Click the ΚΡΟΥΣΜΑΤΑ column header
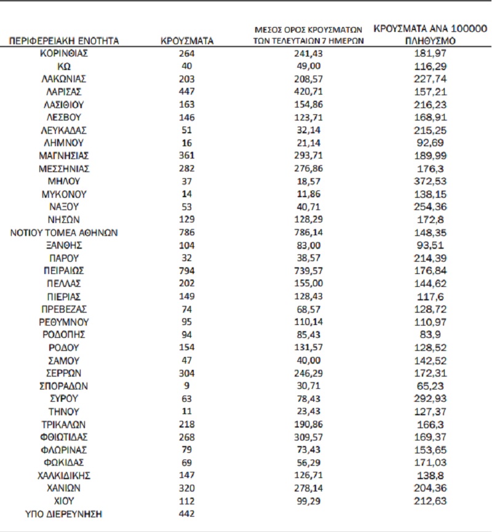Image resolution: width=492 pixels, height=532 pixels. coord(186,41)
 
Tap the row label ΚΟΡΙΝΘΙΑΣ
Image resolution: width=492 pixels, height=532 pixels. coord(64,53)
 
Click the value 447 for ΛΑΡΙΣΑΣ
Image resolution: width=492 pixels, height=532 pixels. coord(186,92)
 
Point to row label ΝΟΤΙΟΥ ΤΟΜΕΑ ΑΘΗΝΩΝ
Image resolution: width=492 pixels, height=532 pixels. coord(64,232)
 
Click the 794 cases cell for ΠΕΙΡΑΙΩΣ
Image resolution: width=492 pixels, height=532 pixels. coord(186,271)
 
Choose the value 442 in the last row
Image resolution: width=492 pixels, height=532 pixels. coord(186,514)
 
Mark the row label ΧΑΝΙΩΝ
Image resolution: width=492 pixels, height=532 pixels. coord(64,488)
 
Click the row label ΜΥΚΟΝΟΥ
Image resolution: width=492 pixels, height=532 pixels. coord(64,194)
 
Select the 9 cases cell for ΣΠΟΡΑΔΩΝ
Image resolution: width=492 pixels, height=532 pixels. coord(186,386)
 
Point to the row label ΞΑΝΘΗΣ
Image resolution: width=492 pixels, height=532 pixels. coord(64,245)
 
